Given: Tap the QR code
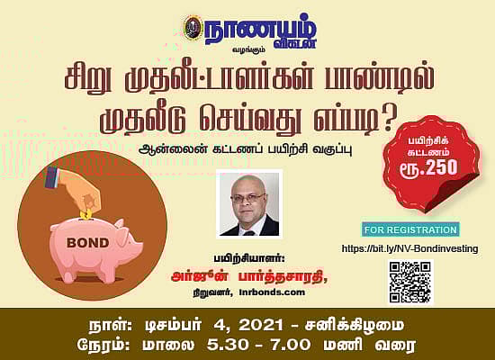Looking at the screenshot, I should [x=410, y=282].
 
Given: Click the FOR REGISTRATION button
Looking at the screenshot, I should [x=410, y=229].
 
